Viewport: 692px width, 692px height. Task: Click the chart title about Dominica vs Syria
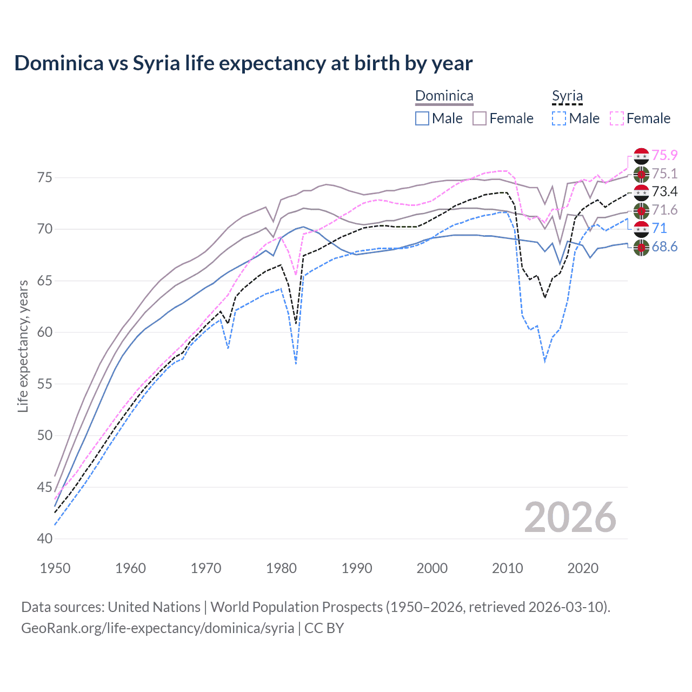point(243,63)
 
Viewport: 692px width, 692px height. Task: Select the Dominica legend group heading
point(444,96)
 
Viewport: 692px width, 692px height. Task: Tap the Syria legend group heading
point(567,96)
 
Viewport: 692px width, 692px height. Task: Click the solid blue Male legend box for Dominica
point(422,118)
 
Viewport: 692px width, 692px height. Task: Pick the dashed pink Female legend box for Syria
point(617,118)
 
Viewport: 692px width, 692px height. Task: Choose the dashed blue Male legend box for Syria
point(559,118)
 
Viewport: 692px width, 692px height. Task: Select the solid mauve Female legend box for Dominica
point(480,118)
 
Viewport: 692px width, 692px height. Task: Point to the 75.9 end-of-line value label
point(664,156)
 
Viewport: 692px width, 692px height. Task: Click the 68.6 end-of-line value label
point(664,247)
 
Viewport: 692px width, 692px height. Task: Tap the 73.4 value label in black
point(664,192)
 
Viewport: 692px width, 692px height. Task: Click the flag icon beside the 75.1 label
point(641,174)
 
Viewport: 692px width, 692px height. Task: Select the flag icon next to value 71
point(641,229)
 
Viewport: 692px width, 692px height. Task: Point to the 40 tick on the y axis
point(45,539)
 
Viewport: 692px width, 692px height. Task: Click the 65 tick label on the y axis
point(45,281)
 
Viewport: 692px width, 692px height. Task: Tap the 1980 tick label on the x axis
point(281,568)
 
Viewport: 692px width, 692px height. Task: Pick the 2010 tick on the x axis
point(507,568)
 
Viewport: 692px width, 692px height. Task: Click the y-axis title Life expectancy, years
point(23,346)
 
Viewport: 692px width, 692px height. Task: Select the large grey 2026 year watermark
point(570,517)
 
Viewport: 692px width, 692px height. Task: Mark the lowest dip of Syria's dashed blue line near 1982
point(296,364)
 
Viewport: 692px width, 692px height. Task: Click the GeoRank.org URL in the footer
point(157,628)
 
